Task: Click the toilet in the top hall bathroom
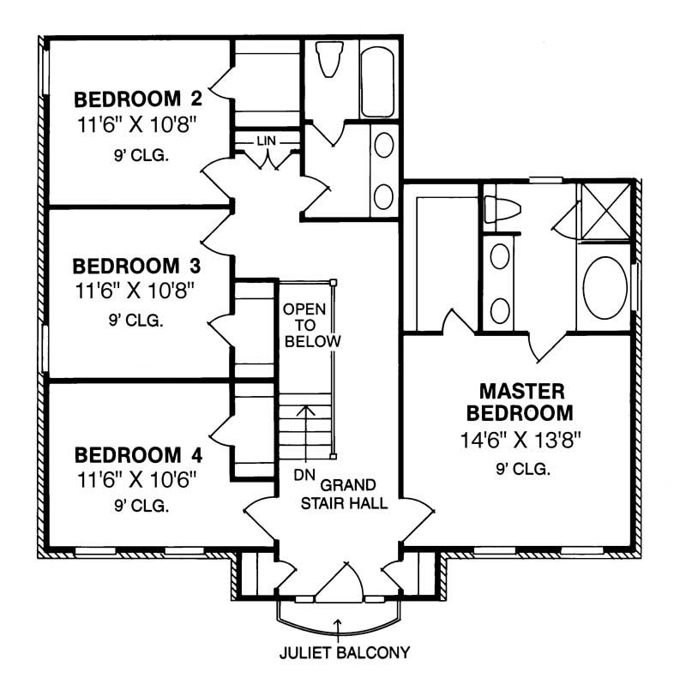pos(327,61)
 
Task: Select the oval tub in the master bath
pos(606,288)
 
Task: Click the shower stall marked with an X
pos(606,209)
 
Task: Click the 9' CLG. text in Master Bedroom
pos(522,470)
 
